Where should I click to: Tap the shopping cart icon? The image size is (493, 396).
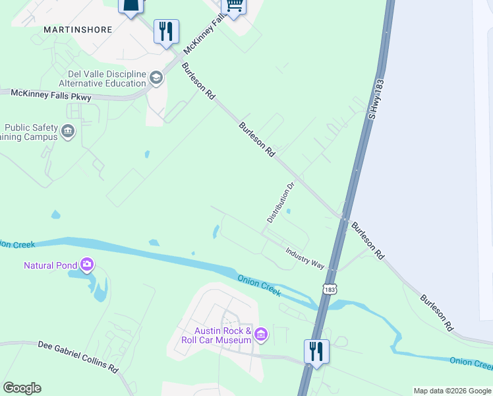coord(234,5)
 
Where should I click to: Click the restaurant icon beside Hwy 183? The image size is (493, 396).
coord(316,351)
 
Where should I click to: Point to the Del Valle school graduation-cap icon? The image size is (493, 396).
coord(156,79)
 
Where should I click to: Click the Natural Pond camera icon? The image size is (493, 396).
coord(87,265)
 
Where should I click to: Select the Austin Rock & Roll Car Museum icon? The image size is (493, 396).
coord(261,335)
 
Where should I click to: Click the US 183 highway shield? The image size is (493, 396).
coord(330,289)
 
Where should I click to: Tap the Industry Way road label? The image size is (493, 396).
coord(304,257)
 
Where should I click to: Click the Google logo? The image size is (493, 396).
coord(22,387)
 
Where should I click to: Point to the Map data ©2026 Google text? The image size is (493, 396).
coord(452,391)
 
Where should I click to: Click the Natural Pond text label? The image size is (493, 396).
coord(50,266)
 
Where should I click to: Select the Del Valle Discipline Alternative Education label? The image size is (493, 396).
coord(102,79)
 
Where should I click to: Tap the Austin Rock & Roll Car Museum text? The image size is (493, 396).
coord(216,335)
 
